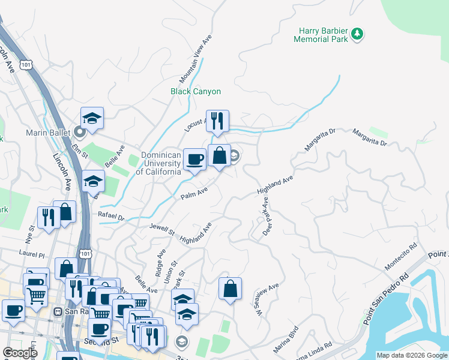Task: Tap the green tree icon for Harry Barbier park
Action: [358, 34]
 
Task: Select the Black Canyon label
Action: [196, 92]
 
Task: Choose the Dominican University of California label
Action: [160, 163]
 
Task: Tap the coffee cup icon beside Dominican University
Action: [194, 159]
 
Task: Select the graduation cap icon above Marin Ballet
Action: [92, 118]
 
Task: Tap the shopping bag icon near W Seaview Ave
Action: [230, 289]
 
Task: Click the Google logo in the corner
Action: [20, 353]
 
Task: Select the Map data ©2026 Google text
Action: [412, 355]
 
